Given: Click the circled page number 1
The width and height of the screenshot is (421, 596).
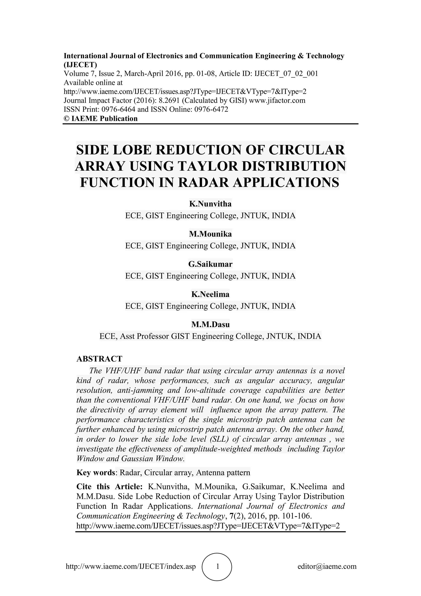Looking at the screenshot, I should (x=217, y=566).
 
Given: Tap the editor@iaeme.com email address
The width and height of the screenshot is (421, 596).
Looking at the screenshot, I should (x=327, y=566).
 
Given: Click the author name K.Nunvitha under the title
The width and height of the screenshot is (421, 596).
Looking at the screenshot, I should (x=210, y=204).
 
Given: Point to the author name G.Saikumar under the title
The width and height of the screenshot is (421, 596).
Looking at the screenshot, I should (x=210, y=264).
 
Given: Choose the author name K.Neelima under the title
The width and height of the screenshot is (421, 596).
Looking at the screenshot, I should (x=210, y=294).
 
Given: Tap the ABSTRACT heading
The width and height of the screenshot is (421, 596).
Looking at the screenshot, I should (x=99, y=359).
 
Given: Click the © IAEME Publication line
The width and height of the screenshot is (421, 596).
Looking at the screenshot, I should (x=101, y=119).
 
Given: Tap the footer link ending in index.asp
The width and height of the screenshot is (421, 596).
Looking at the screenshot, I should (x=131, y=566).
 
